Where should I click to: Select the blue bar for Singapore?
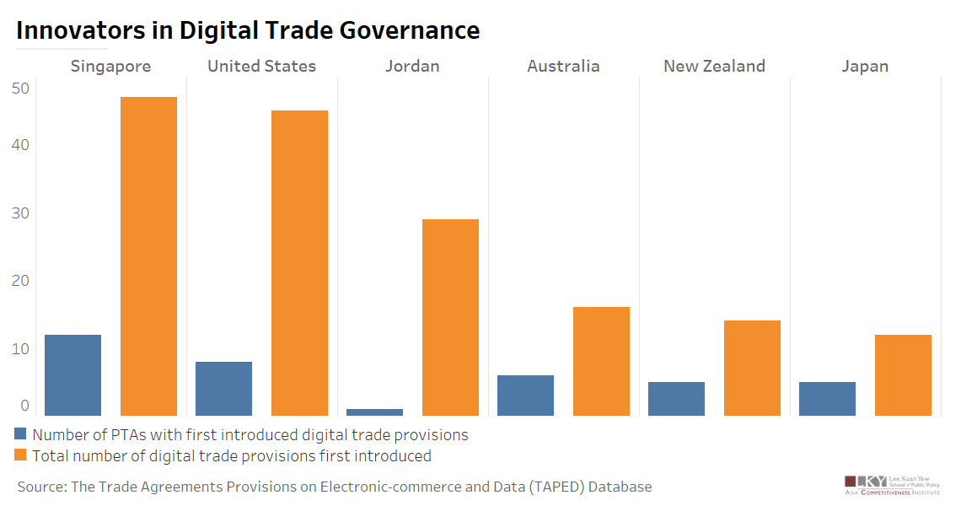pyautogui.click(x=72, y=374)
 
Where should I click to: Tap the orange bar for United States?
pyautogui.click(x=299, y=262)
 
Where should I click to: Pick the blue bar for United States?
pyautogui.click(x=223, y=388)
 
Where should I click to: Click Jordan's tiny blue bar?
pyautogui.click(x=374, y=412)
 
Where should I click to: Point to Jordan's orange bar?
pyautogui.click(x=450, y=317)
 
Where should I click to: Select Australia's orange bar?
pyautogui.click(x=601, y=361)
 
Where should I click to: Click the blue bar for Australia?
pyautogui.click(x=525, y=395)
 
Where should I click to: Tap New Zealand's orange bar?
pyautogui.click(x=752, y=368)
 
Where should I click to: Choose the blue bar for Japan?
pyautogui.click(x=827, y=398)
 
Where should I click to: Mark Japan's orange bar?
pyautogui.click(x=903, y=374)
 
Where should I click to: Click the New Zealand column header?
pyautogui.click(x=714, y=66)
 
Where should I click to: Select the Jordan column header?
pyautogui.click(x=412, y=66)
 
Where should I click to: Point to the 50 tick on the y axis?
pyautogui.click(x=20, y=88)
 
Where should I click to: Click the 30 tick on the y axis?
pyautogui.click(x=20, y=213)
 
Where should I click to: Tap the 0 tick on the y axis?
pyautogui.click(x=24, y=406)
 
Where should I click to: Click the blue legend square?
pyautogui.click(x=22, y=435)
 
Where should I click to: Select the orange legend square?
pyautogui.click(x=22, y=456)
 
